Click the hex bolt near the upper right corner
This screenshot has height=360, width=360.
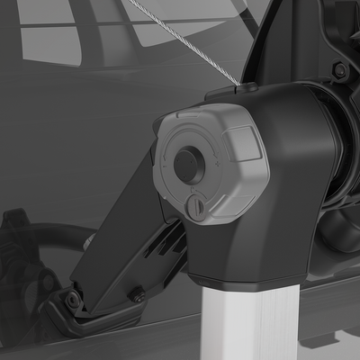tap(339, 69)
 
